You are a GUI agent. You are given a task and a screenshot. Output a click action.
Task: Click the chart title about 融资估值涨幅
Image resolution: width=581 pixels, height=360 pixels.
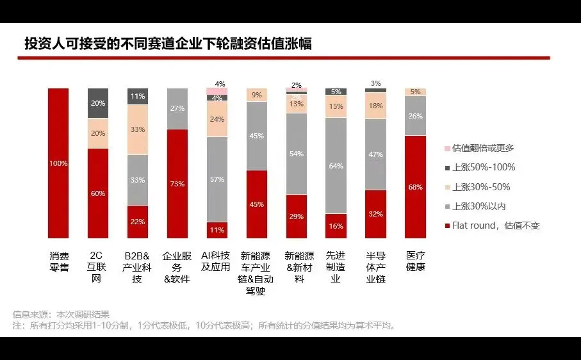tap(168, 43)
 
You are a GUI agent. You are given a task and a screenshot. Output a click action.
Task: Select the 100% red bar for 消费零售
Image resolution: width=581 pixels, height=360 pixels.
tap(58, 163)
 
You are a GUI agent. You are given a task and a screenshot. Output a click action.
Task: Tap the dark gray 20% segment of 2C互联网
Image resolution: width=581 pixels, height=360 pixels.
tap(98, 103)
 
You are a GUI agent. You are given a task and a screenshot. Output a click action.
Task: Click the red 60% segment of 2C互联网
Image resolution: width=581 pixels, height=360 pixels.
tap(98, 193)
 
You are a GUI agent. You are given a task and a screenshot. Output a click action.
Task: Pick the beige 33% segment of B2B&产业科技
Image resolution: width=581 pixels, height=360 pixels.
tap(138, 129)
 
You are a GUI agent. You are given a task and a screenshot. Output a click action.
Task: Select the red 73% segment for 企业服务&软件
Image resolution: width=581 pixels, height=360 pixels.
tap(177, 184)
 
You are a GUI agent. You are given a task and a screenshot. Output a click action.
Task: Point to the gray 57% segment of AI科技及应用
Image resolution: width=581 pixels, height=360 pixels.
tap(217, 179)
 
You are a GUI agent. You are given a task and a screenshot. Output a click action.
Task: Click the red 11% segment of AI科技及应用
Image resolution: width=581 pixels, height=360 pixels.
tap(217, 230)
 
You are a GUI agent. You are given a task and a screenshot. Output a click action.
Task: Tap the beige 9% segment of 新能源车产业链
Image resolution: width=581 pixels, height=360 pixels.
tap(257, 95)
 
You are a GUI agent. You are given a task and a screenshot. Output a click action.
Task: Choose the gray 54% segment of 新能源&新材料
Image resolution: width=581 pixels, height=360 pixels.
tap(297, 154)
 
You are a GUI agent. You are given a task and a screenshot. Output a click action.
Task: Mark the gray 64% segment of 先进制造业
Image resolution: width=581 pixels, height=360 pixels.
tap(336, 166)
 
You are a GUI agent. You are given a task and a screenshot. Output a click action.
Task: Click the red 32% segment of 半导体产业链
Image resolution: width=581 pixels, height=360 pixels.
tap(376, 215)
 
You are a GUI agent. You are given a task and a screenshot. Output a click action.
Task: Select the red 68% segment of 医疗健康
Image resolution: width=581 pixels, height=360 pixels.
tap(415, 187)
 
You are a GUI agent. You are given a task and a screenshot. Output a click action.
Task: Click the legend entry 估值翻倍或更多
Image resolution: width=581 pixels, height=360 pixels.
tap(483, 148)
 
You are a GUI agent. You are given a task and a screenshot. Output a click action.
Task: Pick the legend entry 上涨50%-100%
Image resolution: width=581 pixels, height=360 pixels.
tap(484, 168)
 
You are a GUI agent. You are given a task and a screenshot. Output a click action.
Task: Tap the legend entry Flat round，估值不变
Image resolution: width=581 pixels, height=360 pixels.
tap(496, 225)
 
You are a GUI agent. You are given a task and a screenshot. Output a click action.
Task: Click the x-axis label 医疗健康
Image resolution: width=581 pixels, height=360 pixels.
tap(415, 261)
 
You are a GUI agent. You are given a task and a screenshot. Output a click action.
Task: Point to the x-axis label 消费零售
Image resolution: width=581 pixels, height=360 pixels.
tap(58, 261)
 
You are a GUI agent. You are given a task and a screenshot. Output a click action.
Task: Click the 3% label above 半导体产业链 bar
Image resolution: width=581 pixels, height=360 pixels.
tap(376, 83)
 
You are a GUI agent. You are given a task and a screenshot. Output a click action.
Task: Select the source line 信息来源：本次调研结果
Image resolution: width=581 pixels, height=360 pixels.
tap(61, 314)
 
